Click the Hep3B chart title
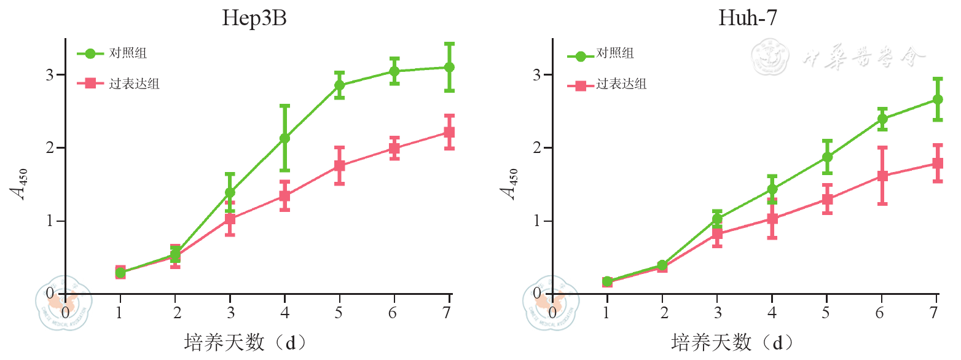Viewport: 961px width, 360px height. pyautogui.click(x=254, y=18)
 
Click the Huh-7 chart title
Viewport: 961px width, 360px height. pyautogui.click(x=747, y=18)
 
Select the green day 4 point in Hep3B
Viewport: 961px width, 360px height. pyautogui.click(x=284, y=138)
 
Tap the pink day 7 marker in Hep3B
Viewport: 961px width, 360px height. pyautogui.click(x=449, y=132)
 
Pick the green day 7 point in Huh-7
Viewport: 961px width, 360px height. pyautogui.click(x=938, y=99)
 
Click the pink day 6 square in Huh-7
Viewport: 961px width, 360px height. pyautogui.click(x=882, y=176)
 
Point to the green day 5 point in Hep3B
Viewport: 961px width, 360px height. pyautogui.click(x=339, y=85)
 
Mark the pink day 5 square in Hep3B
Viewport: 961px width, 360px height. pyautogui.click(x=339, y=166)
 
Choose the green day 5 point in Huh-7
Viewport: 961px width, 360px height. pyautogui.click(x=827, y=157)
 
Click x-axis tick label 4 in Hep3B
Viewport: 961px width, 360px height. pyautogui.click(x=284, y=312)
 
